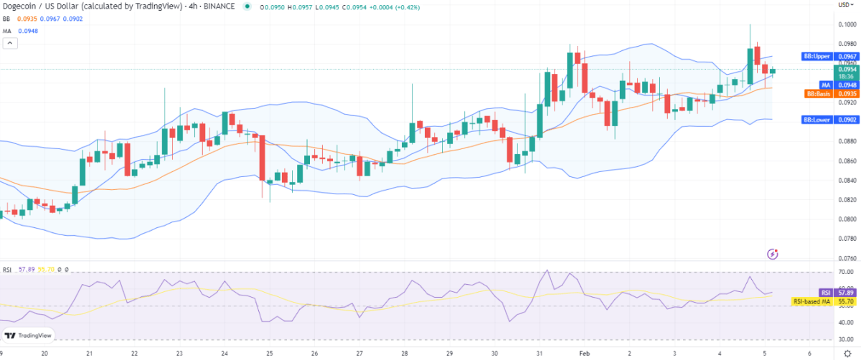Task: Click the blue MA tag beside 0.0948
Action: pyautogui.click(x=825, y=85)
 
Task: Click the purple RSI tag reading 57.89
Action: pyautogui.click(x=827, y=293)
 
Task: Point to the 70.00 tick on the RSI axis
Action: pyautogui.click(x=846, y=273)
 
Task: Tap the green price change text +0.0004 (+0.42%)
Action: pyautogui.click(x=395, y=6)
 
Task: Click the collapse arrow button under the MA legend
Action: pyautogui.click(x=9, y=43)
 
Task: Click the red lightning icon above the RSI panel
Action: pyautogui.click(x=773, y=253)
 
